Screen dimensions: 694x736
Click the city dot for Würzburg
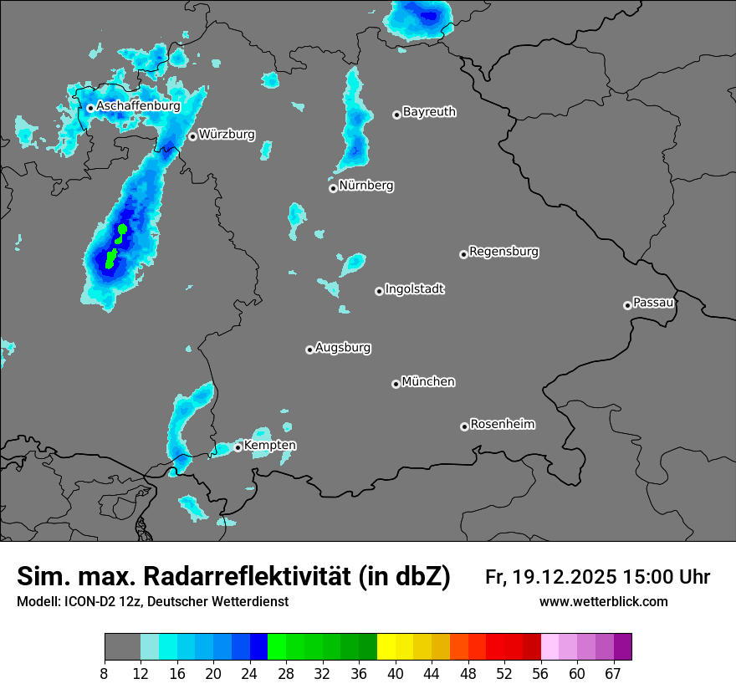click(x=192, y=136)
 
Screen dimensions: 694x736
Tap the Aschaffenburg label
click(x=138, y=106)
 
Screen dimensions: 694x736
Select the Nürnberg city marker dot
click(x=333, y=188)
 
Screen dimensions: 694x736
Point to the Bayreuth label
click(x=429, y=111)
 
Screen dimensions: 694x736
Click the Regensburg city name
click(x=503, y=251)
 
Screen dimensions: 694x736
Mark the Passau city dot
click(x=627, y=305)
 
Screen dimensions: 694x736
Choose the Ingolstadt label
click(x=415, y=289)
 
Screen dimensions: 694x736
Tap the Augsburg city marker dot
click(x=309, y=350)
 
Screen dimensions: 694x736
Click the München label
click(x=428, y=381)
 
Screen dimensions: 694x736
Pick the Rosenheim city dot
click(x=464, y=427)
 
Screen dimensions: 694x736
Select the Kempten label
click(x=269, y=445)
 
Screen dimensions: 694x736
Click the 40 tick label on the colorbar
click(x=396, y=673)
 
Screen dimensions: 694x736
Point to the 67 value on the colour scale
click(x=613, y=673)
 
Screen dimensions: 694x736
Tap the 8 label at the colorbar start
click(x=105, y=673)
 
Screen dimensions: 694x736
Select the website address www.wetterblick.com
click(x=603, y=601)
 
